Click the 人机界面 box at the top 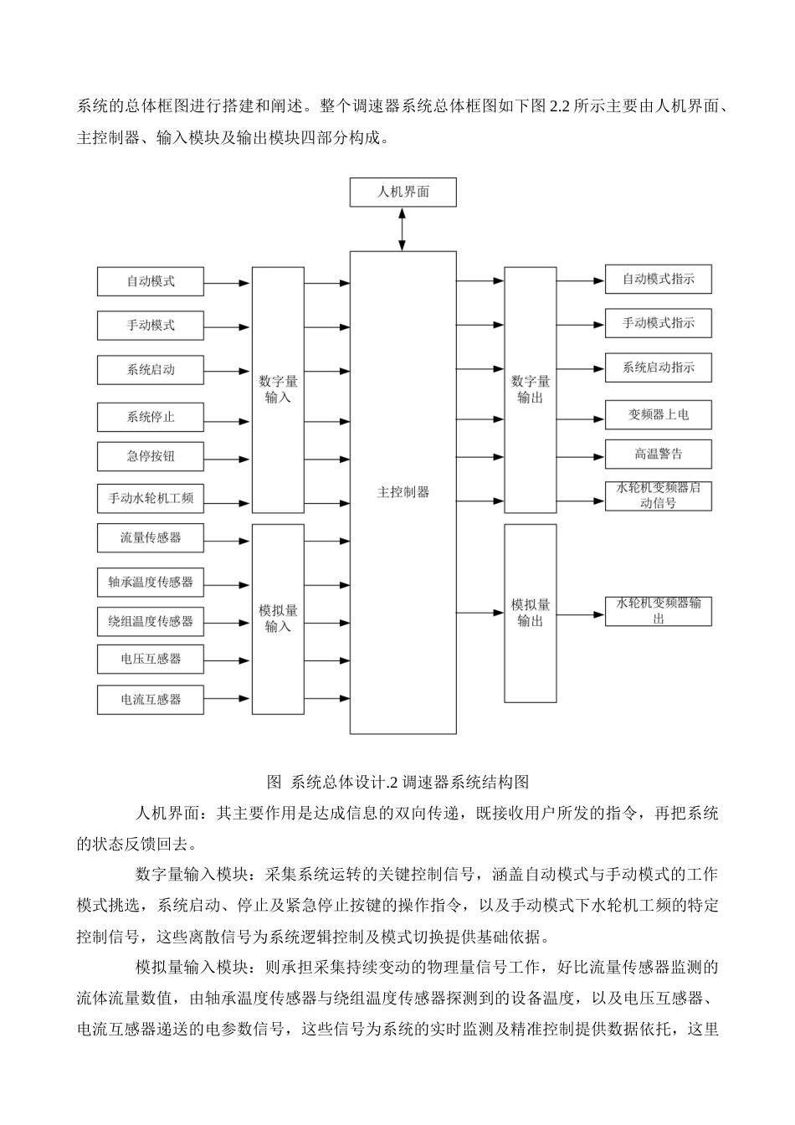tap(403, 192)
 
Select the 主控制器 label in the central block tap(403, 492)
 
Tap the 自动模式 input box tap(151, 281)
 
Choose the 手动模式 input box tap(151, 326)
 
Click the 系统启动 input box tap(151, 369)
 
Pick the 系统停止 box tap(151, 417)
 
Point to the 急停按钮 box tap(151, 456)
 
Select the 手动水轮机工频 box tap(151, 498)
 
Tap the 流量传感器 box tap(151, 537)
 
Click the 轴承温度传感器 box tap(151, 582)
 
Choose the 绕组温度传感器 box tap(151, 621)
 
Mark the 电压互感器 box tap(151, 659)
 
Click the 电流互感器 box tap(151, 699)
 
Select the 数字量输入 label tap(278, 389)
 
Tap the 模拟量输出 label tap(530, 613)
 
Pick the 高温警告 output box tap(658, 455)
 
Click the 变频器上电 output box tap(658, 414)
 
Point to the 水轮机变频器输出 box tap(658, 611)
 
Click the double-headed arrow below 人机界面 tap(403, 229)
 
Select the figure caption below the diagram tap(397, 783)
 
